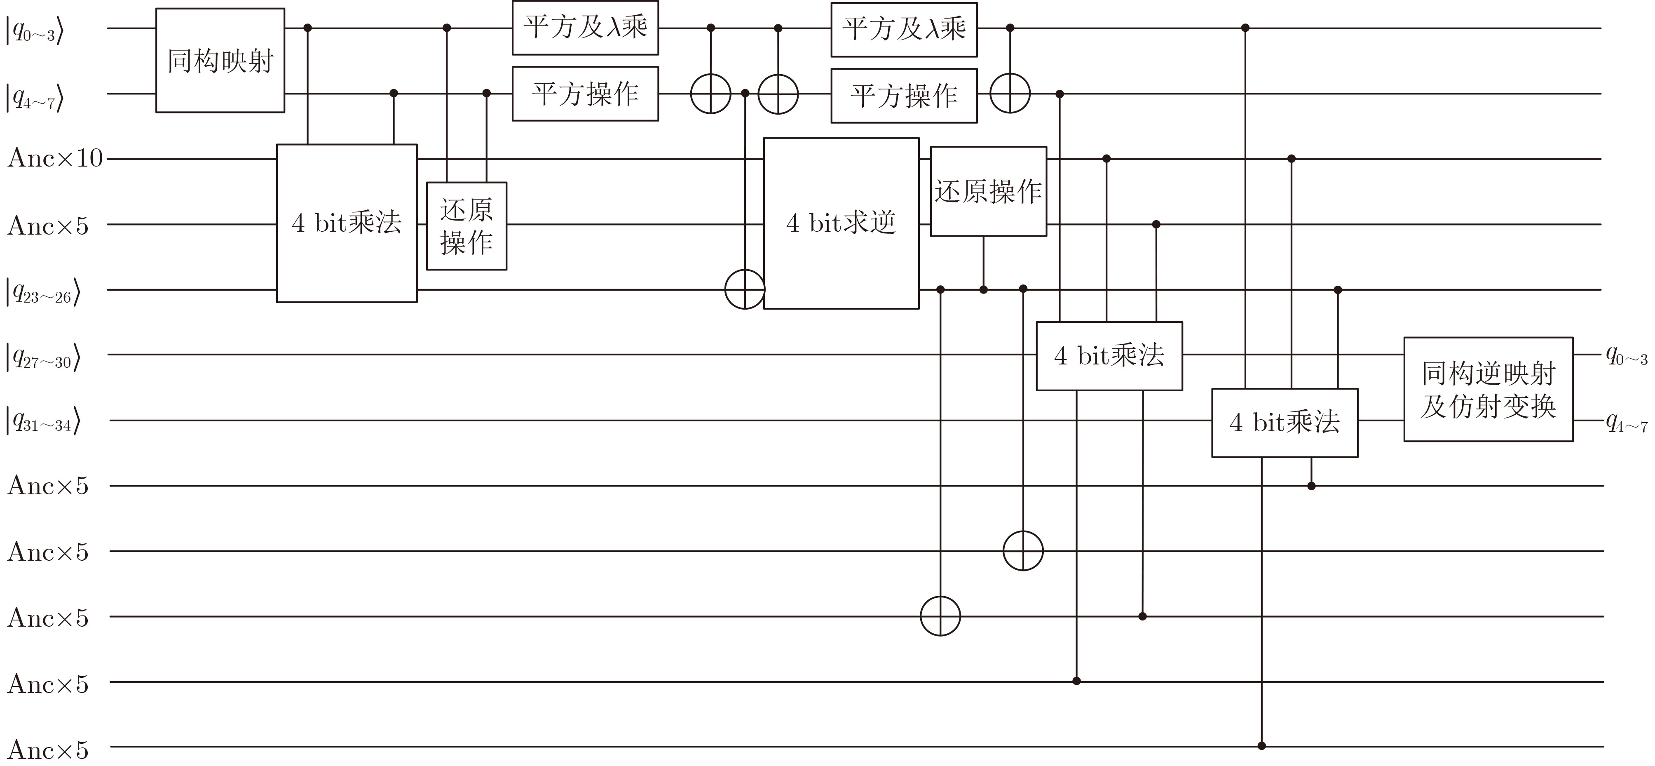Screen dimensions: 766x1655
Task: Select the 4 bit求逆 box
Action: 841,223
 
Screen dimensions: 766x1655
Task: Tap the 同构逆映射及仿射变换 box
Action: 1488,390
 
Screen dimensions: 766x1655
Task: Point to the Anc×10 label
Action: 55,157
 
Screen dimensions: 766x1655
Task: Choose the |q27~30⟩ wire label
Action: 43,358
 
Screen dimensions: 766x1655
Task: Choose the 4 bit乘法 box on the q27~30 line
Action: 1109,355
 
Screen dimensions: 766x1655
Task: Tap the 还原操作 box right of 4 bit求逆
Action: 988,191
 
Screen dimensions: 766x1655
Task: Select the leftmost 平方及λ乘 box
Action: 585,28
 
